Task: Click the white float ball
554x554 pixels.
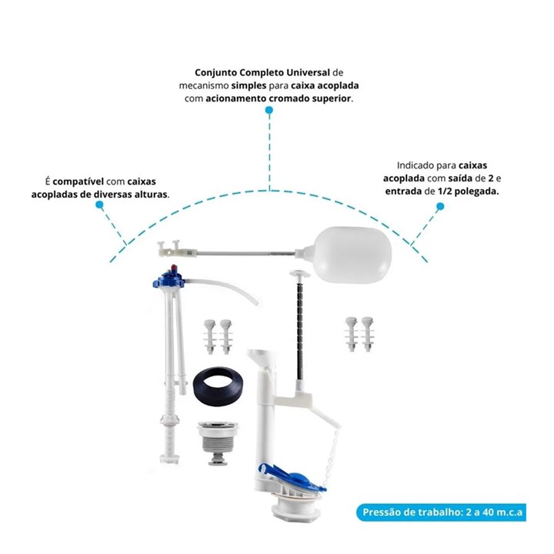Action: (x=353, y=255)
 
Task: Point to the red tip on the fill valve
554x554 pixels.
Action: (x=174, y=267)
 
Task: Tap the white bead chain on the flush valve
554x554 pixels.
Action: (x=334, y=456)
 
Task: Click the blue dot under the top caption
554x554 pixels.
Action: (x=269, y=110)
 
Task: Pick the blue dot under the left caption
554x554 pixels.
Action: (x=99, y=205)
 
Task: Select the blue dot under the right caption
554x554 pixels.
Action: (x=440, y=206)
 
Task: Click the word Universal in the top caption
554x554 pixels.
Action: (x=308, y=72)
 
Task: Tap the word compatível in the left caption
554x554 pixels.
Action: (x=78, y=182)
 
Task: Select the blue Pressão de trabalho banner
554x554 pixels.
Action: (x=441, y=512)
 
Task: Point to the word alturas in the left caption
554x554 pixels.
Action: (x=152, y=195)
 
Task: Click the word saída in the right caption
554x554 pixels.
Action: (x=460, y=178)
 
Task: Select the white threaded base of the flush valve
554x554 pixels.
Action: (x=296, y=506)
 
